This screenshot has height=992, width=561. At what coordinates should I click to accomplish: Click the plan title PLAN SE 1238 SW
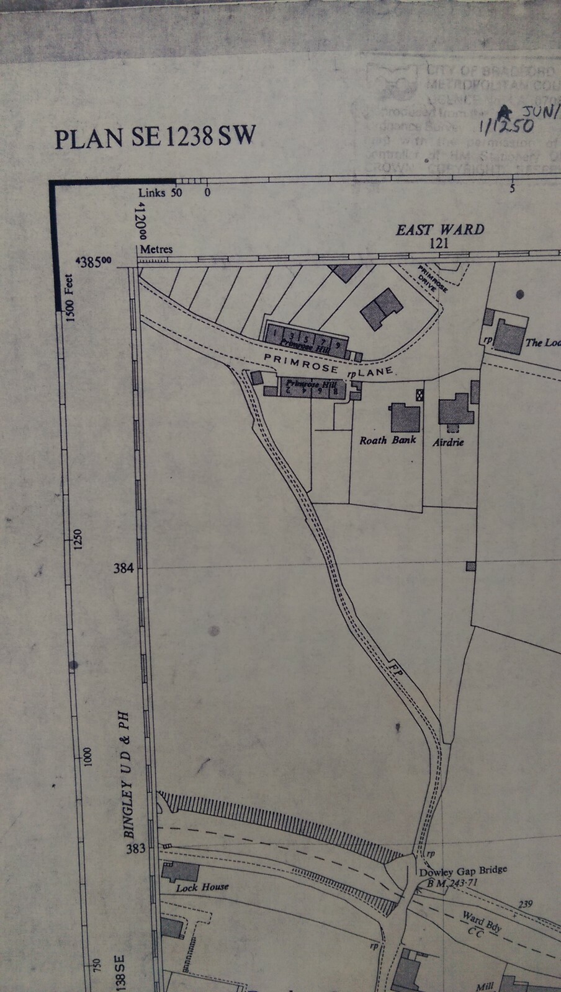[155, 136]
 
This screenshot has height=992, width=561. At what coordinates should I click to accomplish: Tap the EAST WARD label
[440, 229]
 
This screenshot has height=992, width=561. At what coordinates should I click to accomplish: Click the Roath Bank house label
[387, 441]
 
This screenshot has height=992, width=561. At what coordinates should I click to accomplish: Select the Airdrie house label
[447, 443]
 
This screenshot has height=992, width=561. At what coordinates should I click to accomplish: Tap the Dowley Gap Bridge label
[463, 870]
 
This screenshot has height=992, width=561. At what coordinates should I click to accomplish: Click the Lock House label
[202, 888]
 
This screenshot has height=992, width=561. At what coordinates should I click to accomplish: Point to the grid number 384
[123, 567]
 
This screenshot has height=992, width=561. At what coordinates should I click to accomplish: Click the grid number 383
[135, 848]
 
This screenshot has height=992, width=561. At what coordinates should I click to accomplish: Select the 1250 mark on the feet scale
[78, 539]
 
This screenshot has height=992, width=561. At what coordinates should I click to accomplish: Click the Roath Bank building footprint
[405, 417]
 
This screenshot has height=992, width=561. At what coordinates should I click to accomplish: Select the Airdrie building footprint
[456, 411]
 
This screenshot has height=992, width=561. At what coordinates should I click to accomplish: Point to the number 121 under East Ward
[439, 244]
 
